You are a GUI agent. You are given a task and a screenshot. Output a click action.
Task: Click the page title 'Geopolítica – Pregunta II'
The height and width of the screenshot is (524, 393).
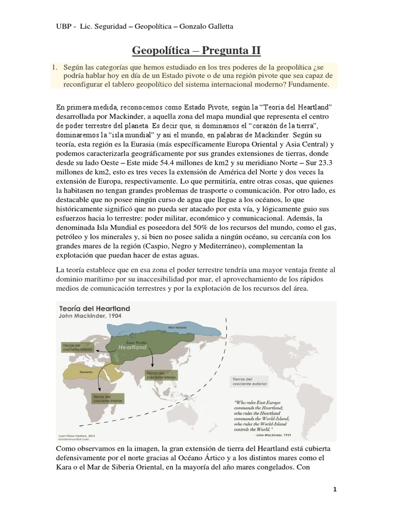click(196, 50)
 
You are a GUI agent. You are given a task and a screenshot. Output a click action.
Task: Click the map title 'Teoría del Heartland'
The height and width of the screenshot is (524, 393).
click(95, 309)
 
